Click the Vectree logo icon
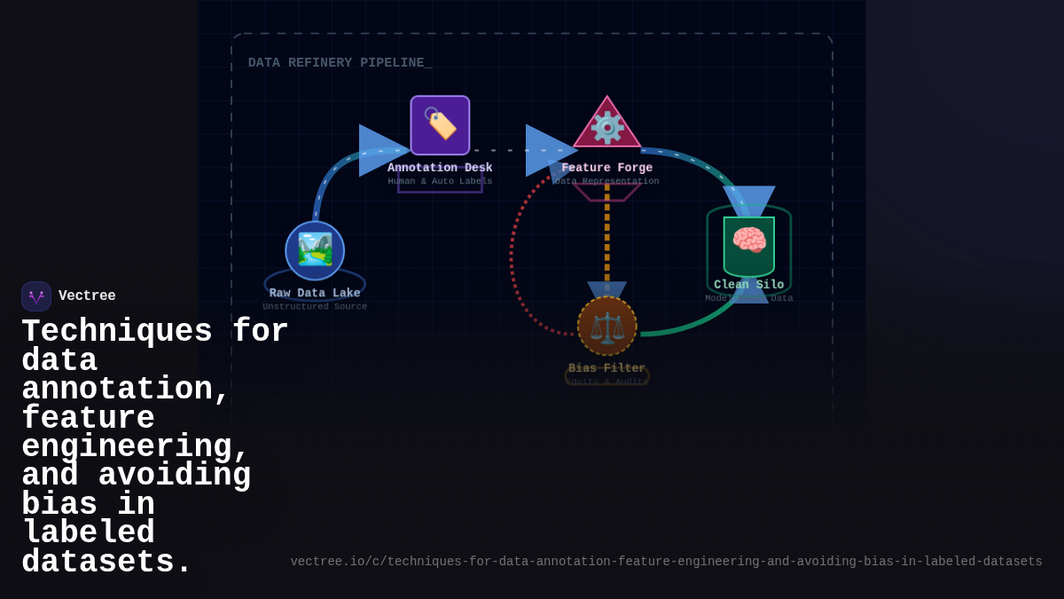click(x=36, y=296)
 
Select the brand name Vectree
click(x=87, y=296)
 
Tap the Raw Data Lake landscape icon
click(x=315, y=250)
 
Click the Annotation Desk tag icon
click(x=440, y=125)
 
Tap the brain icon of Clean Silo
click(x=749, y=241)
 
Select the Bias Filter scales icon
click(x=607, y=327)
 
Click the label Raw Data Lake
click(x=315, y=294)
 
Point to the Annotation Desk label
click(x=440, y=168)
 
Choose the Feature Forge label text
click(x=607, y=168)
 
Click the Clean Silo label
click(x=749, y=285)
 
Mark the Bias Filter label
click(x=607, y=368)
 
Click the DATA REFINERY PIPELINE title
click(x=340, y=63)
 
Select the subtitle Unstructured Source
click(x=315, y=307)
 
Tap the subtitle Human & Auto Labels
click(x=440, y=181)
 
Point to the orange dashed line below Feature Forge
click(x=607, y=235)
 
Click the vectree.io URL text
click(x=666, y=562)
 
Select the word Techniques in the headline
click(x=117, y=332)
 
